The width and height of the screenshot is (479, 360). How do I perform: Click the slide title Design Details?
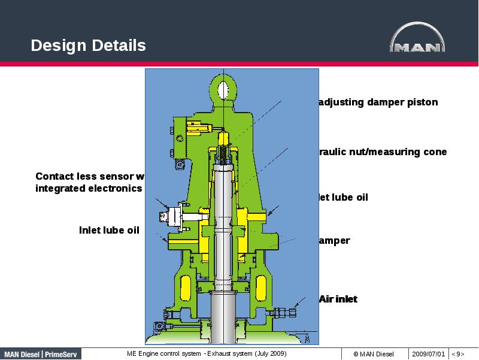[88, 46]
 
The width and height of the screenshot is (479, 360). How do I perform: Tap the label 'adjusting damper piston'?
[378, 102]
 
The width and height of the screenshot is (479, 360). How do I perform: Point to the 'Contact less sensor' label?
[90, 176]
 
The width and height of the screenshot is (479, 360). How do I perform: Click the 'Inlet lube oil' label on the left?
[109, 230]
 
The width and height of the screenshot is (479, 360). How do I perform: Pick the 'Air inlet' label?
[338, 299]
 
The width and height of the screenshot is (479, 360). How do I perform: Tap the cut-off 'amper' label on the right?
[334, 241]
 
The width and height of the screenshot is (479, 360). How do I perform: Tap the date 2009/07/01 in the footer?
[428, 354]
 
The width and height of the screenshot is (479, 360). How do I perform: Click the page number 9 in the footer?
[458, 354]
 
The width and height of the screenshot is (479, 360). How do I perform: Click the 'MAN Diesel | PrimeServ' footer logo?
[40, 354]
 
